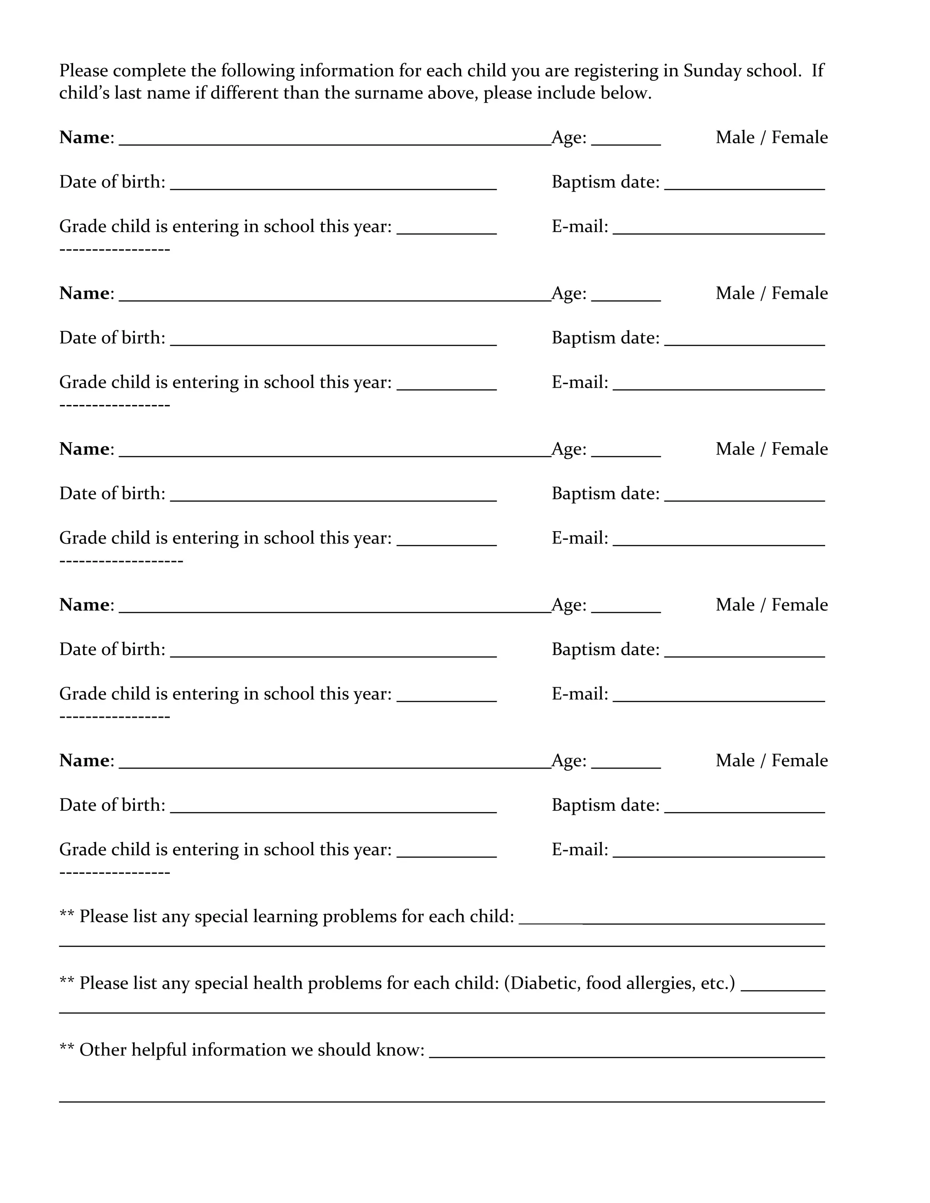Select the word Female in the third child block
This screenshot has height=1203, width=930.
coord(799,449)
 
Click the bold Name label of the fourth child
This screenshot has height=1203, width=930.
coord(85,605)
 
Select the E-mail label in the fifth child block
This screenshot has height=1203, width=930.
coord(579,849)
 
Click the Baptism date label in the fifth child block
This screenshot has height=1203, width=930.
coord(605,805)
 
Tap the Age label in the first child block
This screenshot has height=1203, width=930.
coord(569,138)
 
